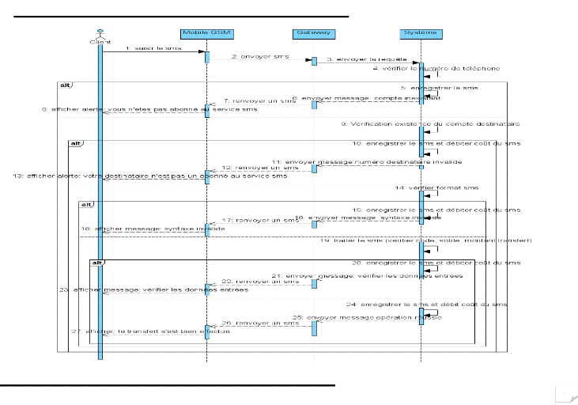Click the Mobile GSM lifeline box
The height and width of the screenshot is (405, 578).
(x=206, y=32)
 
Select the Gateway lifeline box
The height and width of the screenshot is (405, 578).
(x=313, y=32)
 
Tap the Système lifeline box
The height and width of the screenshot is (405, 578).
(x=420, y=32)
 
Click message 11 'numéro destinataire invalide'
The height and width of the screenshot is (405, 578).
(x=368, y=161)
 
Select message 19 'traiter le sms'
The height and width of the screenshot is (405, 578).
(x=426, y=239)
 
